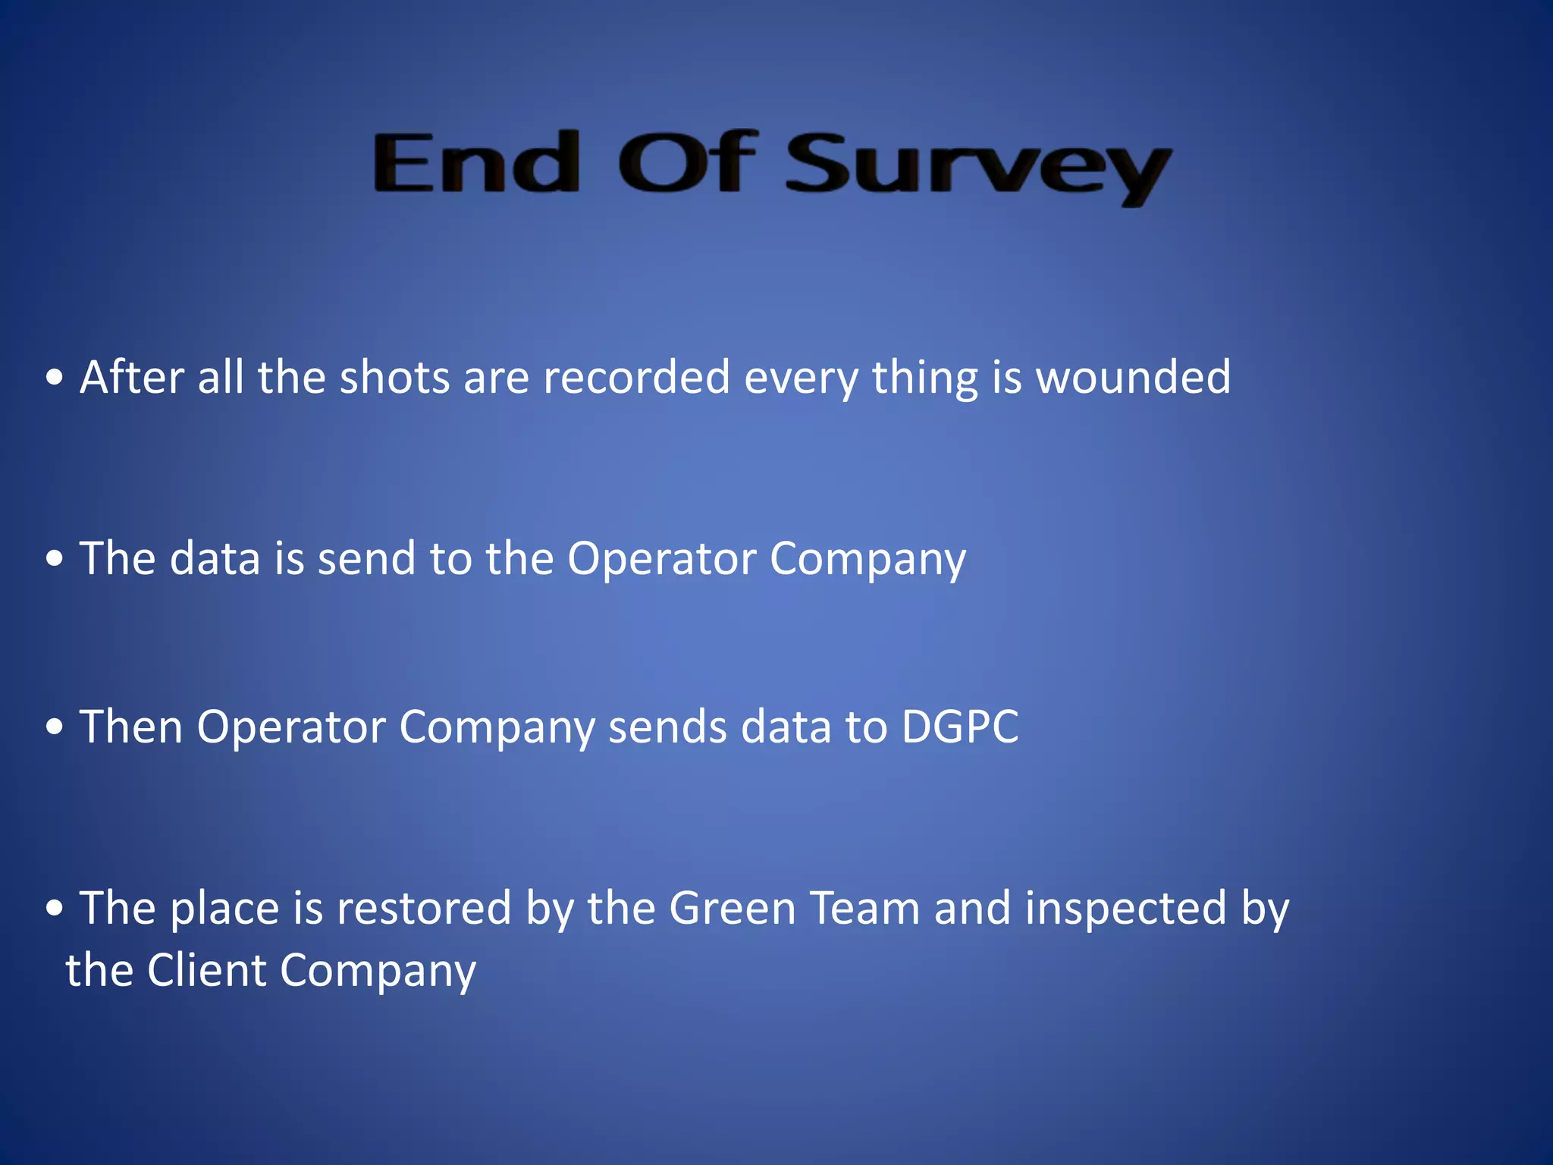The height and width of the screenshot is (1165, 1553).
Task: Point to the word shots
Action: tap(394, 377)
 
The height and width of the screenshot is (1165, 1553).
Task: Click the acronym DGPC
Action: tap(960, 726)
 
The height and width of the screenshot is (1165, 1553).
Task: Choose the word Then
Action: tap(131, 726)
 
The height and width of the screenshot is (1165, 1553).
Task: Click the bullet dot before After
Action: tap(54, 378)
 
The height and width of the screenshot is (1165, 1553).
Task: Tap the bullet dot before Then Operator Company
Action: tap(54, 727)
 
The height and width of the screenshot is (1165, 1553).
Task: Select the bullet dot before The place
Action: tap(54, 908)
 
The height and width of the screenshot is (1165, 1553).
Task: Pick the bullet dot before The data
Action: tap(54, 559)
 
